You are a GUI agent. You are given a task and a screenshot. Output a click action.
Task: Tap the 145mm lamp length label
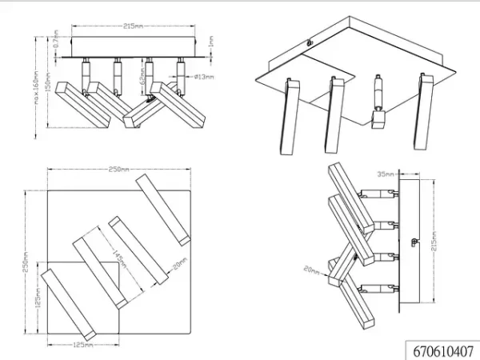[x=122, y=258]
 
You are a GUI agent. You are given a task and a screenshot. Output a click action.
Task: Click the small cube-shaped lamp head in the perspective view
[x=378, y=120]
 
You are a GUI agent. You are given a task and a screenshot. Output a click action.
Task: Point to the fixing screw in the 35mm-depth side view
[x=411, y=238]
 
